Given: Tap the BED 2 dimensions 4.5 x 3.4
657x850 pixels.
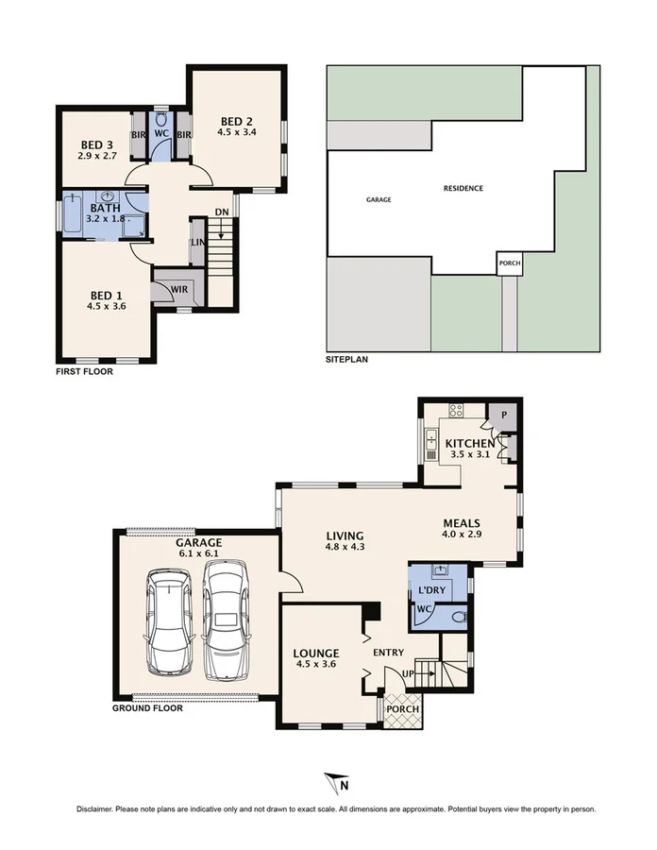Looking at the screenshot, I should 238,133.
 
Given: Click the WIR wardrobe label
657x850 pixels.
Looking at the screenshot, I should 177,288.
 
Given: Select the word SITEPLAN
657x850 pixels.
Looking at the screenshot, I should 346,360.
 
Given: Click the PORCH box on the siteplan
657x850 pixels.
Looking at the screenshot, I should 510,263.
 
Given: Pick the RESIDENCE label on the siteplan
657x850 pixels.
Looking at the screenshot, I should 463,188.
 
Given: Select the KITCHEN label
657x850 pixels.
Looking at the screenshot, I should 469,443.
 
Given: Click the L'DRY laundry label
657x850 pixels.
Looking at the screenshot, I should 432,590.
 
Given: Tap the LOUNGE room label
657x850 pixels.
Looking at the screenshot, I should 316,653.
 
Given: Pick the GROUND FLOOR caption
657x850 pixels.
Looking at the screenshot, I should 147,707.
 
